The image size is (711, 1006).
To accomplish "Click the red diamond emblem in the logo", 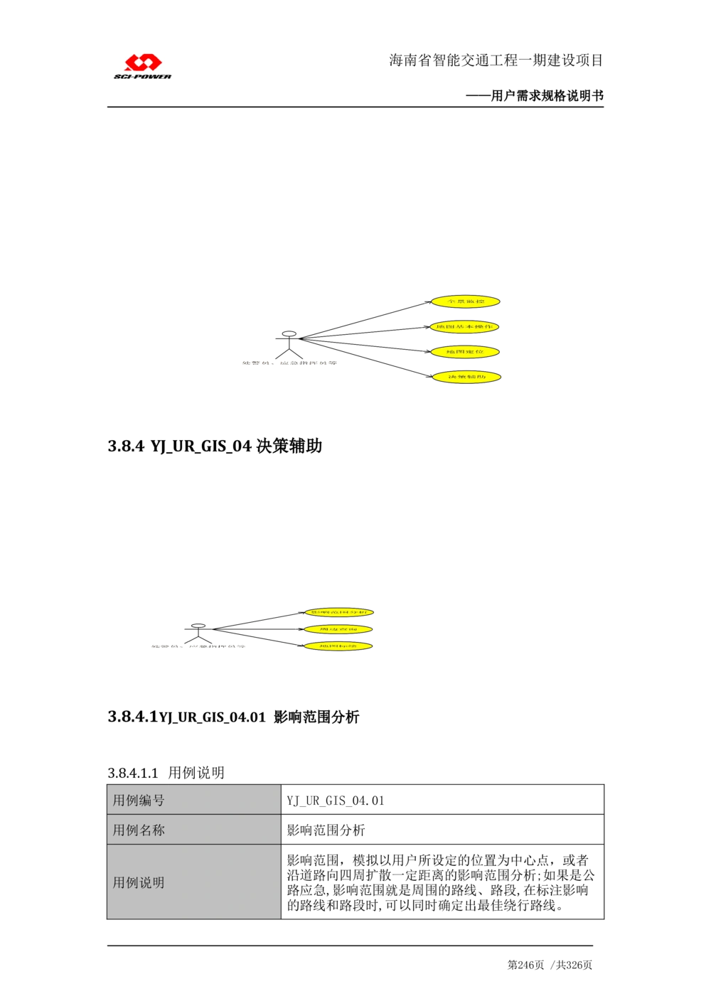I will click(x=143, y=63).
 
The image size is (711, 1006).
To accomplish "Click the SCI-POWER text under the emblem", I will click(x=143, y=77).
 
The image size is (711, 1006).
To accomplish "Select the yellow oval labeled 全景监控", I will click(x=466, y=302).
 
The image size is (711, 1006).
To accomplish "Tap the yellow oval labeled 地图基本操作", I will click(x=466, y=327).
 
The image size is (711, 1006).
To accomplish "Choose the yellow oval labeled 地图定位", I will click(x=466, y=352).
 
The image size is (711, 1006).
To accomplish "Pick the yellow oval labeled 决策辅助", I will click(x=466, y=377).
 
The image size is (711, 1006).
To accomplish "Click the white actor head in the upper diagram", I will click(x=289, y=333).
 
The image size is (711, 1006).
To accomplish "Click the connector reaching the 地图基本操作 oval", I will click(x=370, y=332).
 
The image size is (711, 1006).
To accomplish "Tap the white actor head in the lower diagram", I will click(x=198, y=626).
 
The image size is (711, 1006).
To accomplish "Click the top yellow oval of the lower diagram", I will click(x=339, y=612).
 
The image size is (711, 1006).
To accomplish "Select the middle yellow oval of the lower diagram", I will click(x=338, y=629).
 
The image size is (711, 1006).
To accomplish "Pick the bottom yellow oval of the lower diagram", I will click(x=338, y=646).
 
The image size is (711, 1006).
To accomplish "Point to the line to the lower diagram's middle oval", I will click(x=263, y=628).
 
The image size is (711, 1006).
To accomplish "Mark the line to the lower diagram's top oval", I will click(x=263, y=619).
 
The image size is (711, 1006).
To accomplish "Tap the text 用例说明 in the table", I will click(x=139, y=883).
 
